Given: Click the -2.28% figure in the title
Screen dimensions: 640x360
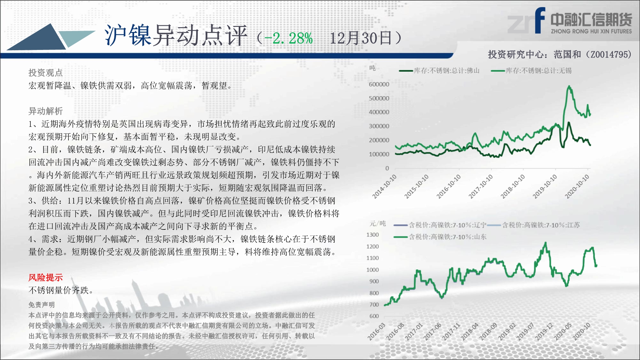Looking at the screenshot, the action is (288, 38).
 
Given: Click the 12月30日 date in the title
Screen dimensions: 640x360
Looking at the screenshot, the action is (361, 38).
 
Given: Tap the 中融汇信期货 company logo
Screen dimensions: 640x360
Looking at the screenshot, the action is (570, 21).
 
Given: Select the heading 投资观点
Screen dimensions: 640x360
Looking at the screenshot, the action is (45, 73).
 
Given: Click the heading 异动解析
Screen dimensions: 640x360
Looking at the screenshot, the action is (45, 111).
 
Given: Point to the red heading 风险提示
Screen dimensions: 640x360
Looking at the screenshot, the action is (45, 277).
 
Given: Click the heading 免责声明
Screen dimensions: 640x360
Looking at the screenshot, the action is (42, 305).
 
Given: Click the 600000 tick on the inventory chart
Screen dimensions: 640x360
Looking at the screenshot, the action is (379, 84).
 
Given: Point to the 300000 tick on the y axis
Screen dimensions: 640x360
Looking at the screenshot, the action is (379, 126).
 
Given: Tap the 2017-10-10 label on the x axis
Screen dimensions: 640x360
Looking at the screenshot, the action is (481, 186).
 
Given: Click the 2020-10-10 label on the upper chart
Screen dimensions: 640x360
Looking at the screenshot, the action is (577, 186).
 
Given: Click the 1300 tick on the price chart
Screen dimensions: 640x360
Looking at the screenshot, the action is (372, 235).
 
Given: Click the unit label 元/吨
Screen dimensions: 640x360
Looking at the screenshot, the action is (378, 223).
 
